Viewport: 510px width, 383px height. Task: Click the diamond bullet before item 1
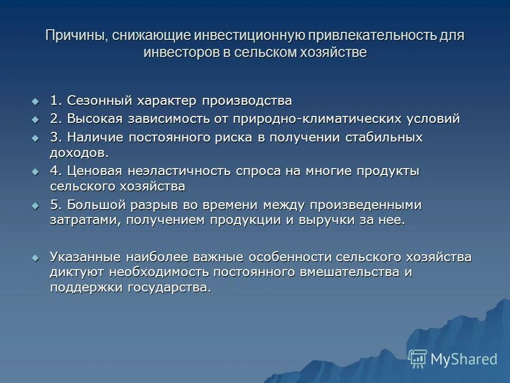(36, 101)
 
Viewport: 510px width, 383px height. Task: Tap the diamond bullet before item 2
(36, 119)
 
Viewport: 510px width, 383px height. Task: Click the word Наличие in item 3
(92, 137)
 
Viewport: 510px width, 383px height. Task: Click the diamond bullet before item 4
(36, 171)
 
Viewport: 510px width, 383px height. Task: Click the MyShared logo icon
(418, 359)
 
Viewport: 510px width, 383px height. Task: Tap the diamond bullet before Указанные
(36, 257)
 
